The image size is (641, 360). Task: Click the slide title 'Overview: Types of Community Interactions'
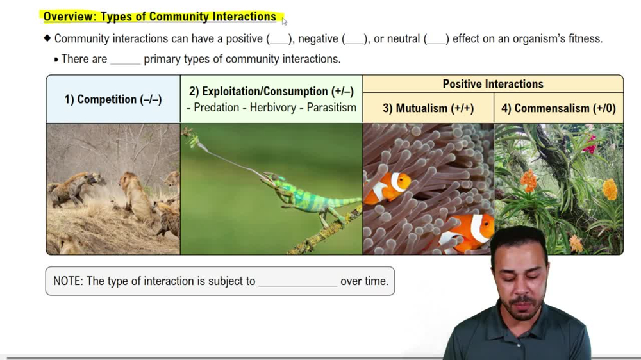tap(160, 17)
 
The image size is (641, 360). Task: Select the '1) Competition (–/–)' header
tap(113, 99)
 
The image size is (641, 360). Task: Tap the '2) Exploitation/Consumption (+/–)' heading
tap(271, 92)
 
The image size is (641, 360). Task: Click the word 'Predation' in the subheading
tap(217, 108)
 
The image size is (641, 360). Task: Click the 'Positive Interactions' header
tap(492, 84)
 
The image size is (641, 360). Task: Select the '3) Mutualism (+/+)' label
tap(428, 108)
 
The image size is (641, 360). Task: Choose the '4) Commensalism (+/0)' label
tap(558, 108)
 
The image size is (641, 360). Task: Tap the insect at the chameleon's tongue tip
tap(188, 134)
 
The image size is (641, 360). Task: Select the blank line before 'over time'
tap(297, 282)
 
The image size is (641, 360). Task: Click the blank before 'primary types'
tap(125, 60)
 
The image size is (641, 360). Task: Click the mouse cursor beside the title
tap(284, 20)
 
